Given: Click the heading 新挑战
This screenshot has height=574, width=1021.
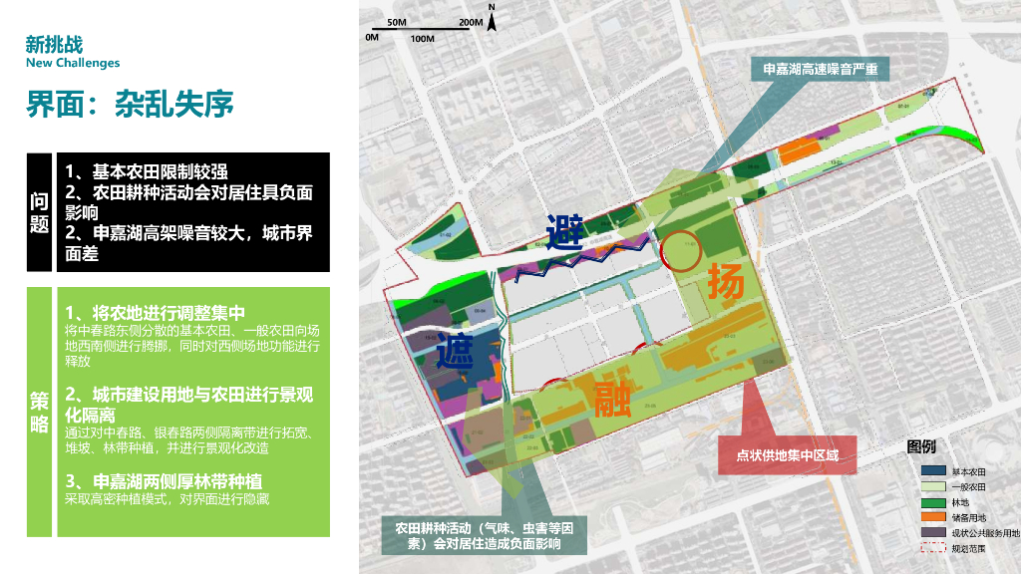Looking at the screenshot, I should coord(55,44).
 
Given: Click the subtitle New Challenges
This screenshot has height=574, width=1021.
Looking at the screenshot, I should coord(73,63).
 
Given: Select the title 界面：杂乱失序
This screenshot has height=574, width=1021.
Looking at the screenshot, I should coord(130,104).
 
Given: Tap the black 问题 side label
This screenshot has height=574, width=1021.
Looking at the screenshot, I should coord(39,212).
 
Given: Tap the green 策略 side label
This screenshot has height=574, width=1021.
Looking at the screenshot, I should coord(39,411).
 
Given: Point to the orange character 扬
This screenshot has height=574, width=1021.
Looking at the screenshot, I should coord(726,282).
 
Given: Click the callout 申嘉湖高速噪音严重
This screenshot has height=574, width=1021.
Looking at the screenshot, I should coord(820,69).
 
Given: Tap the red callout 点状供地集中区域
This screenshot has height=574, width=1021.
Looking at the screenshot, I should coord(788,455).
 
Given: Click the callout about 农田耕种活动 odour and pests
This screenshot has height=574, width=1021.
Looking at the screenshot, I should coord(484,536).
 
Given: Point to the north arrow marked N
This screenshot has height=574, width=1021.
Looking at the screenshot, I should coord(492,21).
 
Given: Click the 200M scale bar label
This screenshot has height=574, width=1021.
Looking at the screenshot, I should coord(472,21).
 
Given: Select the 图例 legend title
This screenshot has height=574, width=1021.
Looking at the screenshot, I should coord(920,446).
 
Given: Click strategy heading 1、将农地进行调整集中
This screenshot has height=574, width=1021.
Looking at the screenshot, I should coord(155,312).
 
